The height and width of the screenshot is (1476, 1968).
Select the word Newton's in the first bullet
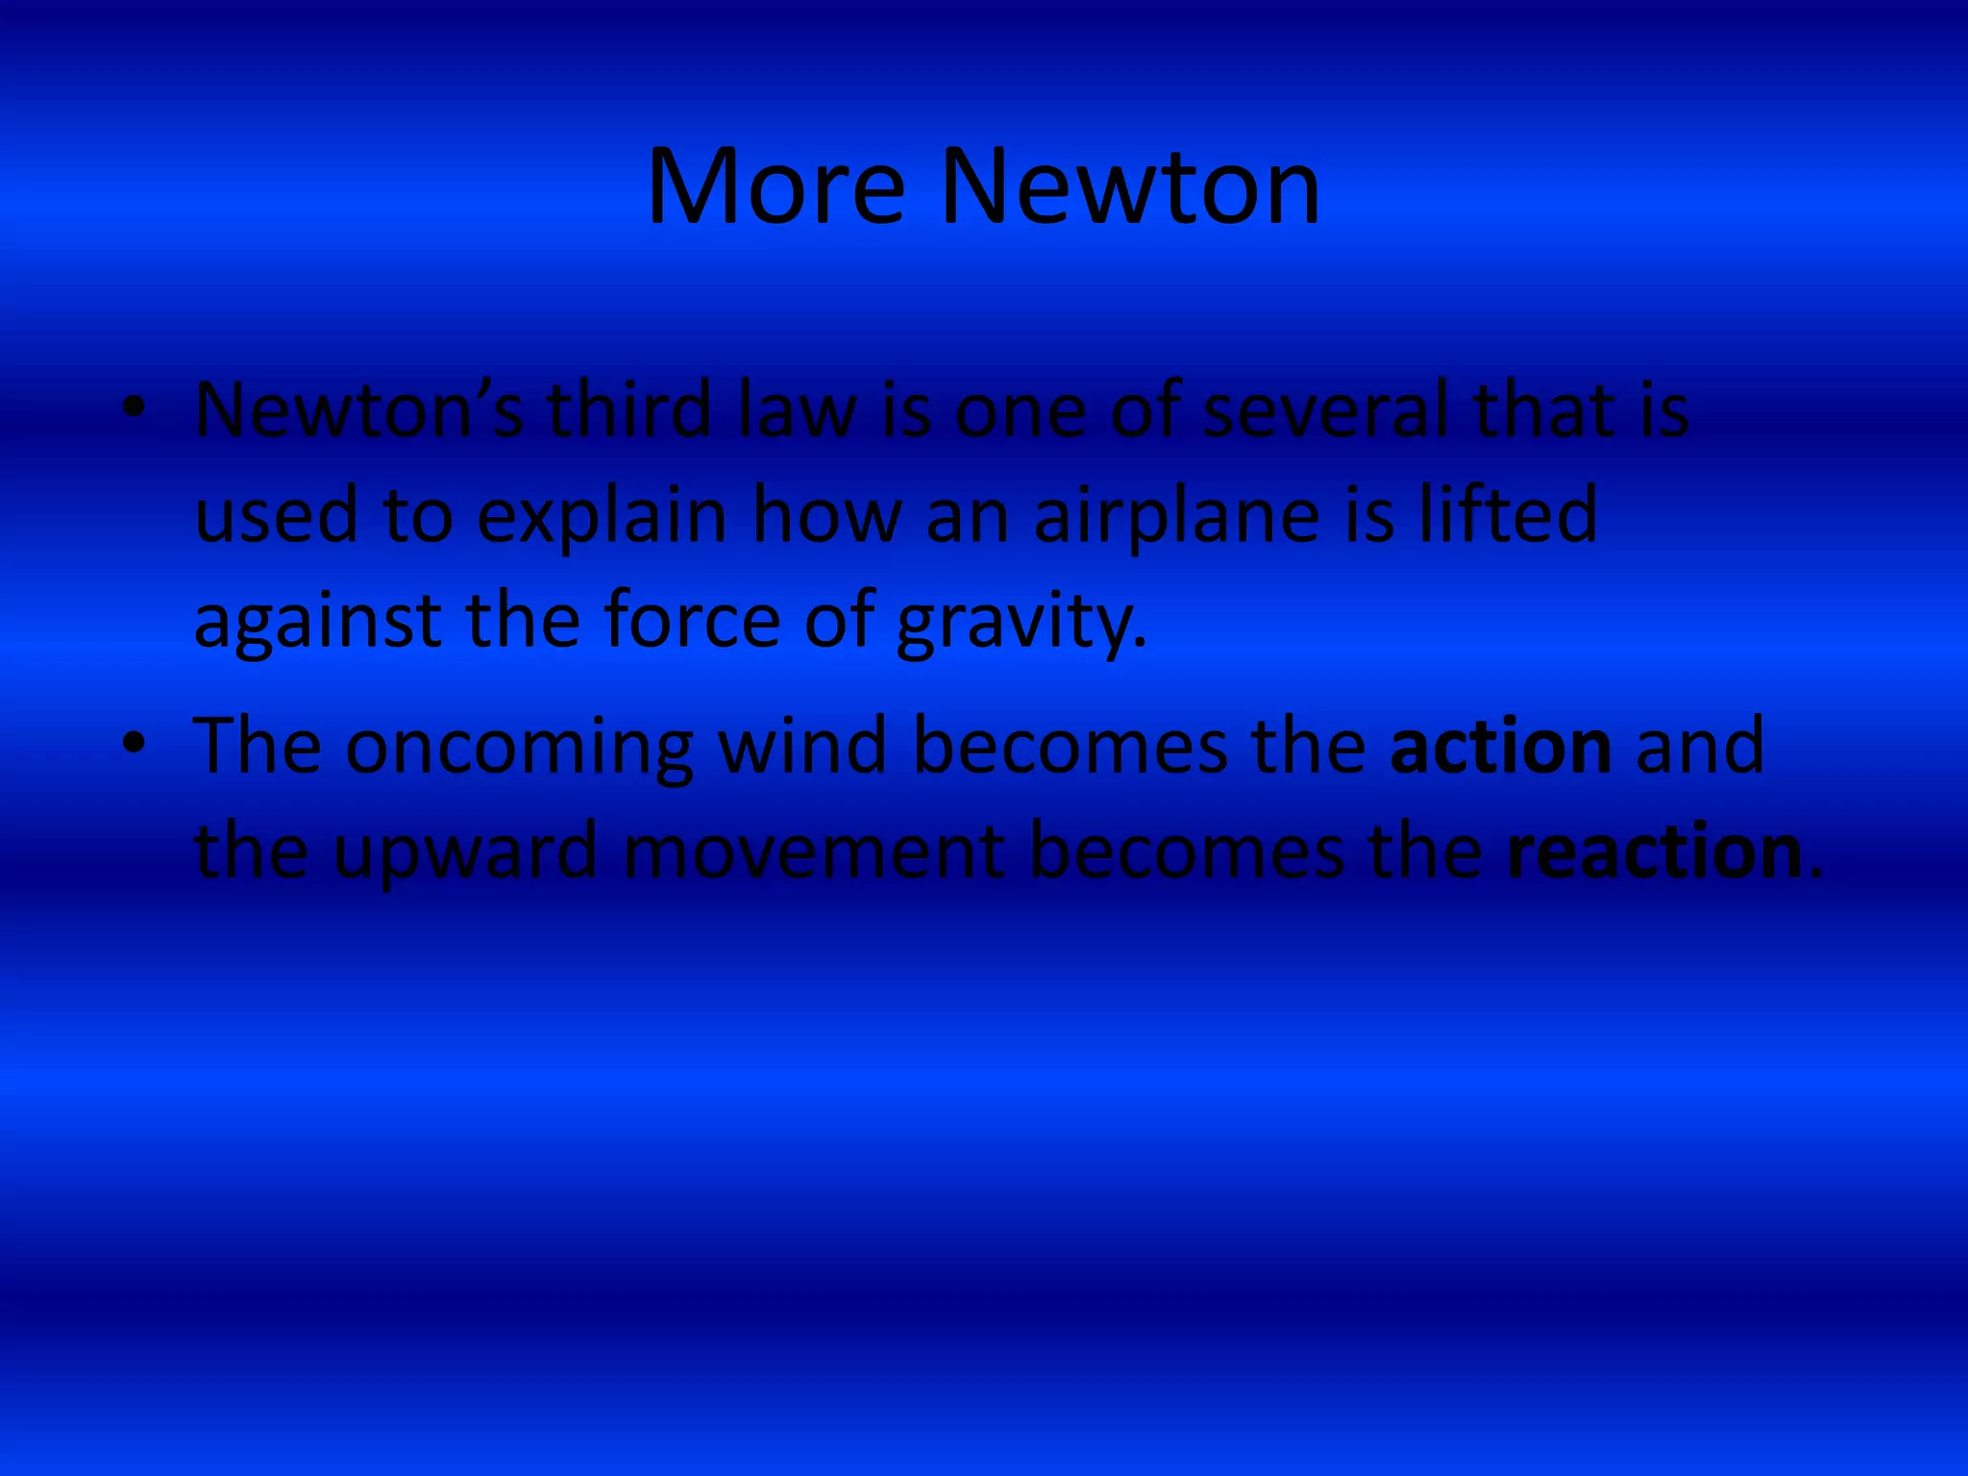point(358,410)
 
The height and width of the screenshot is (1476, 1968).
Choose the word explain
point(602,516)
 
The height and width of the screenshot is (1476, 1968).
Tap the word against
point(318,623)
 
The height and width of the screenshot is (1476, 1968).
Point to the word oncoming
point(519,748)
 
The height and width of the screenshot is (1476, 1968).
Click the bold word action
point(1501,747)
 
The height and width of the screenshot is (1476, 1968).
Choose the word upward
point(465,853)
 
